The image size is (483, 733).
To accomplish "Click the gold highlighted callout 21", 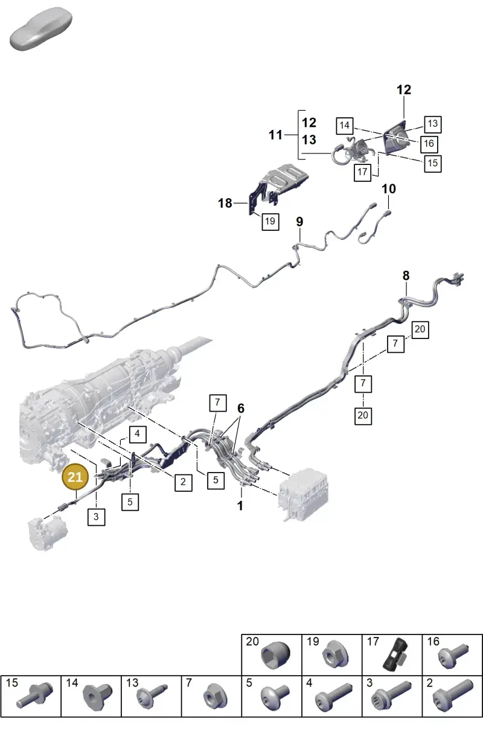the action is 75,477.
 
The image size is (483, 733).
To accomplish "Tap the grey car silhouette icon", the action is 41,28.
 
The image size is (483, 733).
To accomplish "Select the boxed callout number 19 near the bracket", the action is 270,221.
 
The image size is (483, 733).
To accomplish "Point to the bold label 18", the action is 225,203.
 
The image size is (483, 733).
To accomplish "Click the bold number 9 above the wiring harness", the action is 299,222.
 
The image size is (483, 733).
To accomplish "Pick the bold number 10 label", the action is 388,189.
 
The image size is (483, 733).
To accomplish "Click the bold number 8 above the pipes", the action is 406,276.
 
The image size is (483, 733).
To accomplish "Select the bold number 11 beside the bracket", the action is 275,135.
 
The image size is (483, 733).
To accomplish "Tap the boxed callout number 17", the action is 362,172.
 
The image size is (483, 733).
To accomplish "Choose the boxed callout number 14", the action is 345,126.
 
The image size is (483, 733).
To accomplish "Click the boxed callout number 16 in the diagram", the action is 429,144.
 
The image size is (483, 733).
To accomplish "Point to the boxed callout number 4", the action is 137,434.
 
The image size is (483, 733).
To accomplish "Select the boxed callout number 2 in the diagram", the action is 183,482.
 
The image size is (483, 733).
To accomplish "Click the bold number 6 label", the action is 241,408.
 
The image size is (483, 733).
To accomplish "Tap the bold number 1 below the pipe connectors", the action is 240,506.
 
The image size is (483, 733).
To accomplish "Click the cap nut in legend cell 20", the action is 276,654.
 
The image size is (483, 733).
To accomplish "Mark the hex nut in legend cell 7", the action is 215,700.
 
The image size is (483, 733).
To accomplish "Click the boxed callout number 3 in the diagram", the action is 96,517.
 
